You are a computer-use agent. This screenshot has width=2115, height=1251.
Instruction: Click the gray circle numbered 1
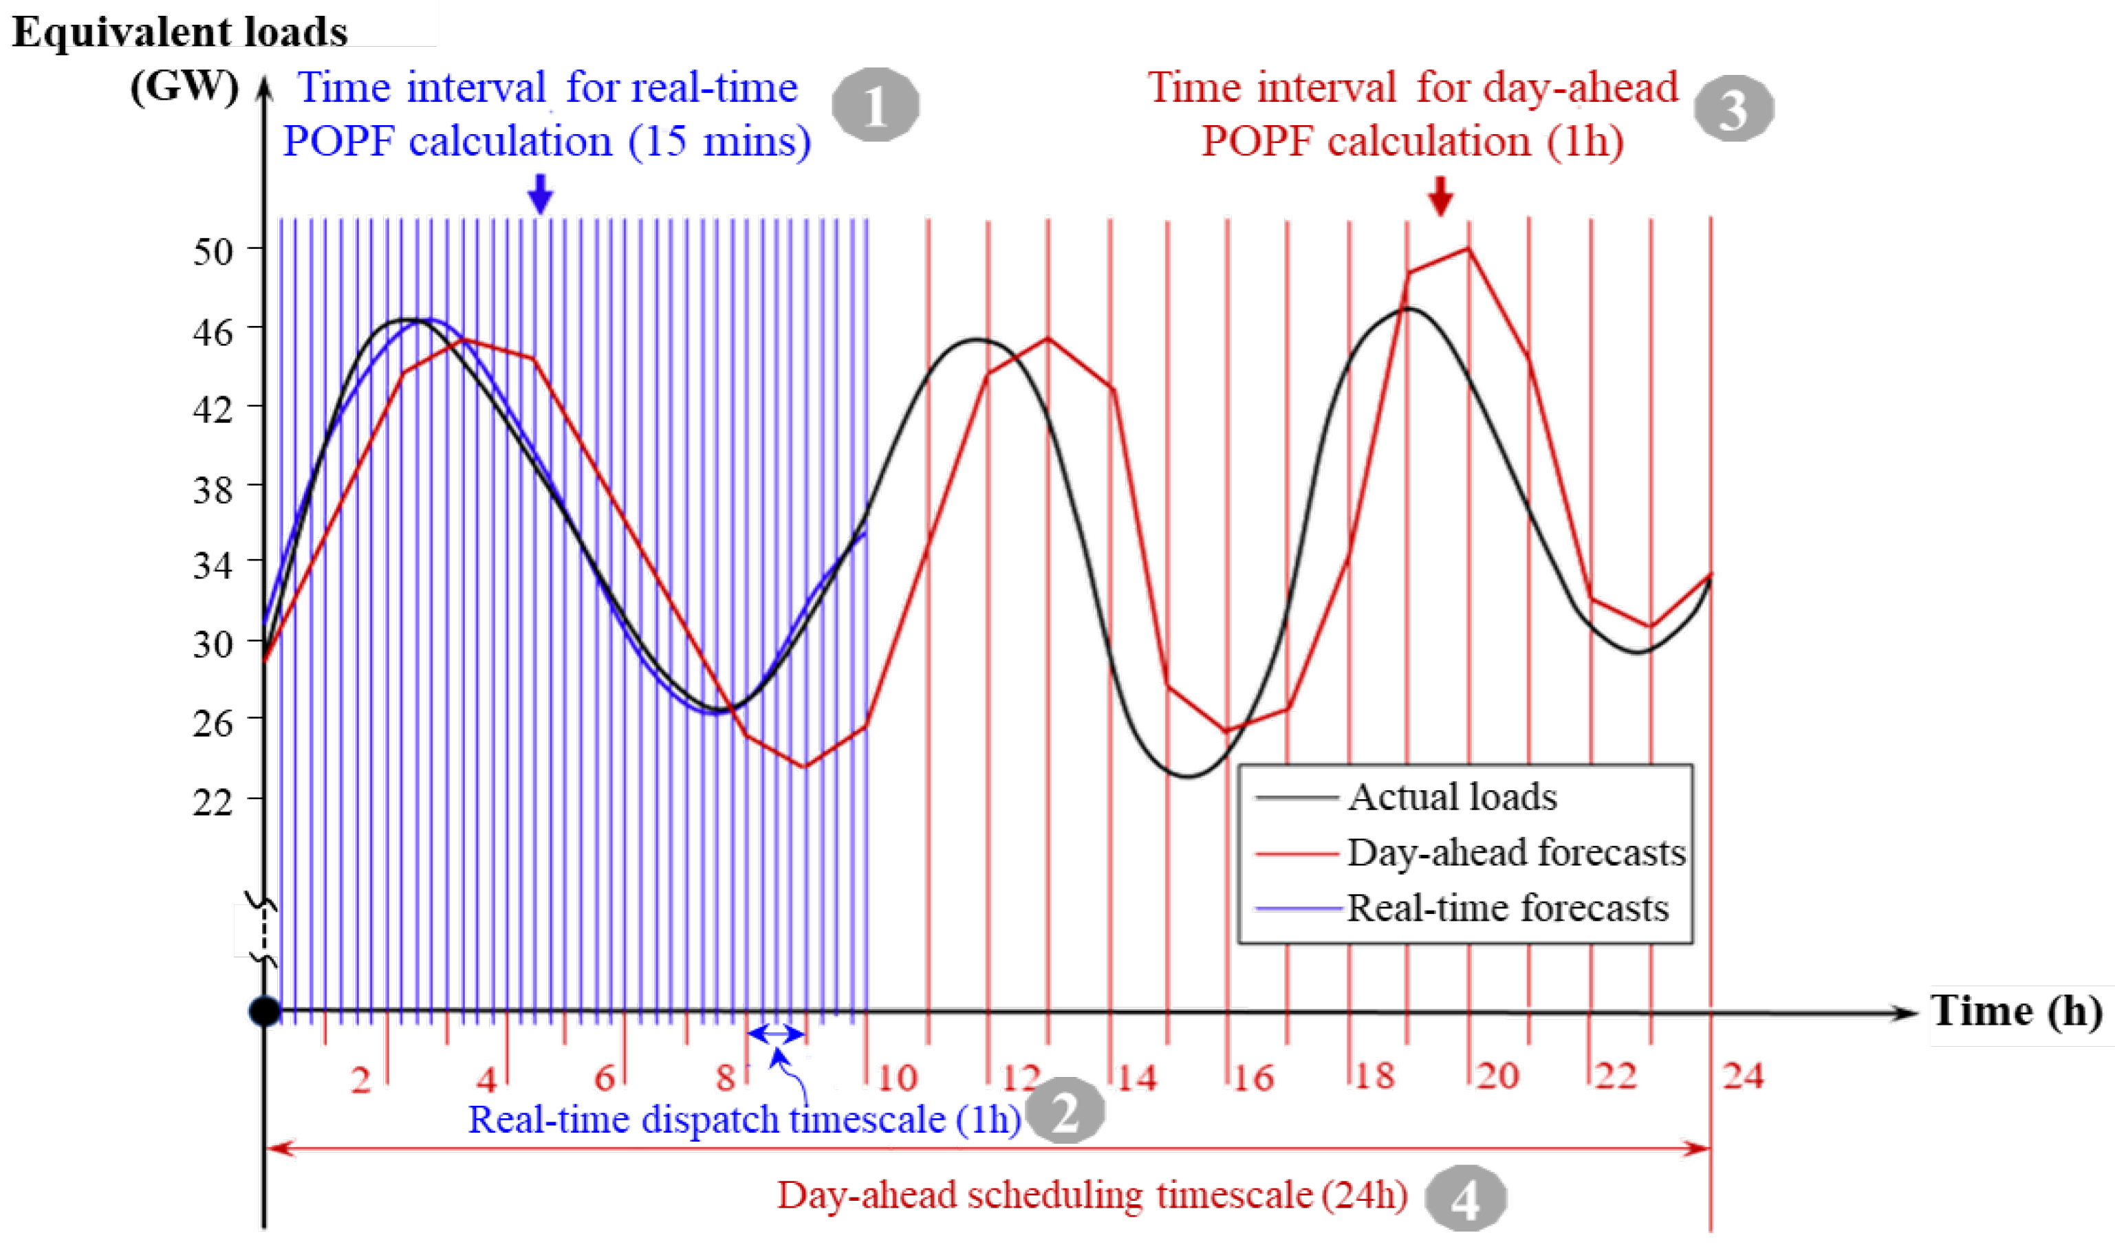[x=875, y=105]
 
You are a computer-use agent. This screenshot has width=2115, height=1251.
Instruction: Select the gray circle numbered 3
[x=1734, y=109]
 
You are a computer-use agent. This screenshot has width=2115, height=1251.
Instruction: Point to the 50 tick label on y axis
[x=213, y=251]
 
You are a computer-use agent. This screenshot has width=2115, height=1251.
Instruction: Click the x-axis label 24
[x=1742, y=1076]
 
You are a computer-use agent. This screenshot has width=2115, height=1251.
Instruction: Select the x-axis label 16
[x=1252, y=1077]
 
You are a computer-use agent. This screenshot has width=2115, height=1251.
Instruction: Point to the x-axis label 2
[x=361, y=1079]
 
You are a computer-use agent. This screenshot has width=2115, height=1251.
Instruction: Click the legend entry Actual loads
[x=1451, y=796]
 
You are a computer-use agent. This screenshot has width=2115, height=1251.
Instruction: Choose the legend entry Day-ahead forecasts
[x=1515, y=852]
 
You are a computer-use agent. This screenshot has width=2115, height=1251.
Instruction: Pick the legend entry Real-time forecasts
[x=1506, y=908]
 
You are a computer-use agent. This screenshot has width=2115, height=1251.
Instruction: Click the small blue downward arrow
[x=541, y=194]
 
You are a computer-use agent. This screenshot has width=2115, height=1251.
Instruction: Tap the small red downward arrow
[x=1441, y=195]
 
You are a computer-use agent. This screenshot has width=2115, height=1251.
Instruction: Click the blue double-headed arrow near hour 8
[x=777, y=1033]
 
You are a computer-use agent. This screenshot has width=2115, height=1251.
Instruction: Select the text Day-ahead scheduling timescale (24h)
[x=1092, y=1195]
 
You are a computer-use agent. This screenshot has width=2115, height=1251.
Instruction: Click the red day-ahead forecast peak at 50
[x=1468, y=249]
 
